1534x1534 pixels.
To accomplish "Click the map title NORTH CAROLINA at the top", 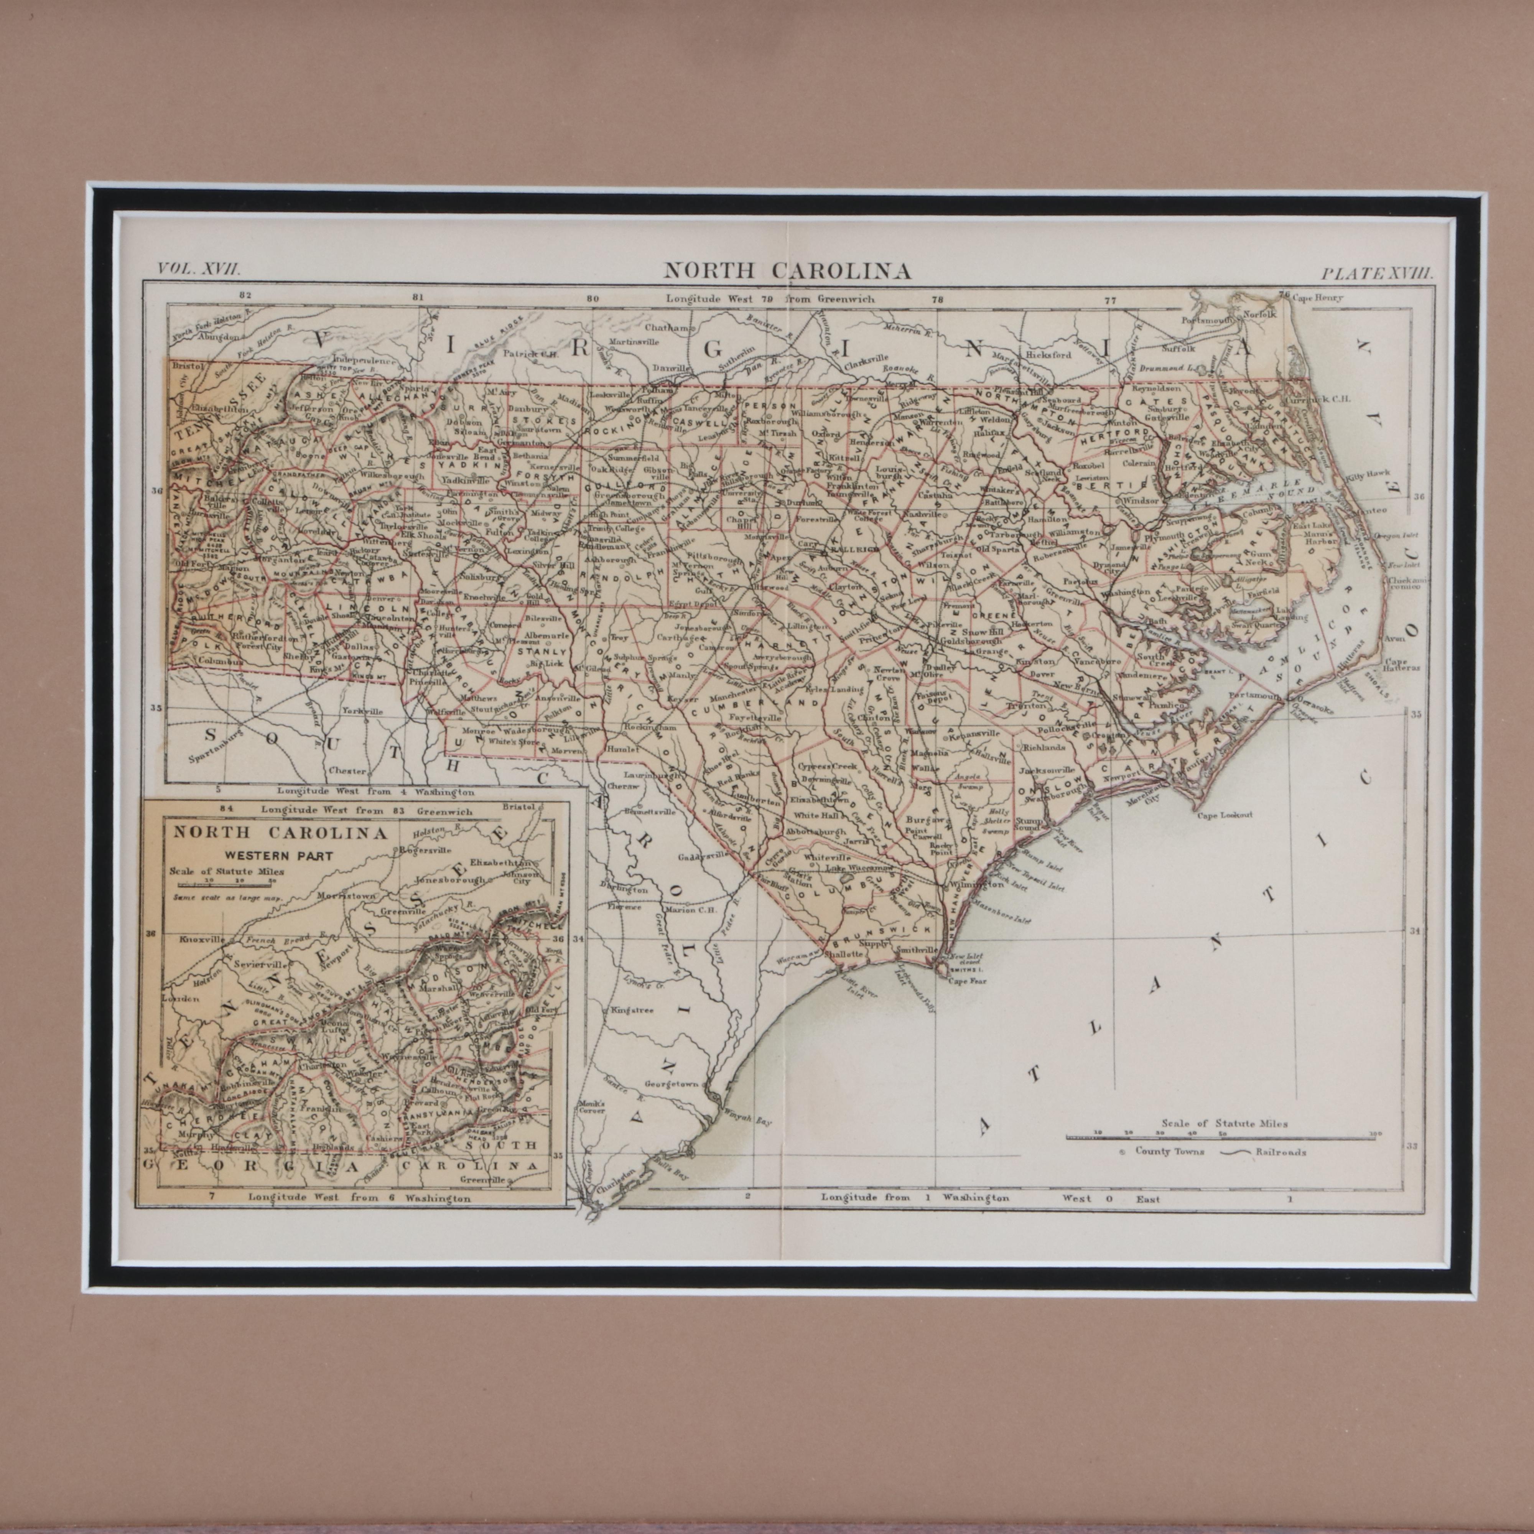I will pyautogui.click(x=787, y=271).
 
